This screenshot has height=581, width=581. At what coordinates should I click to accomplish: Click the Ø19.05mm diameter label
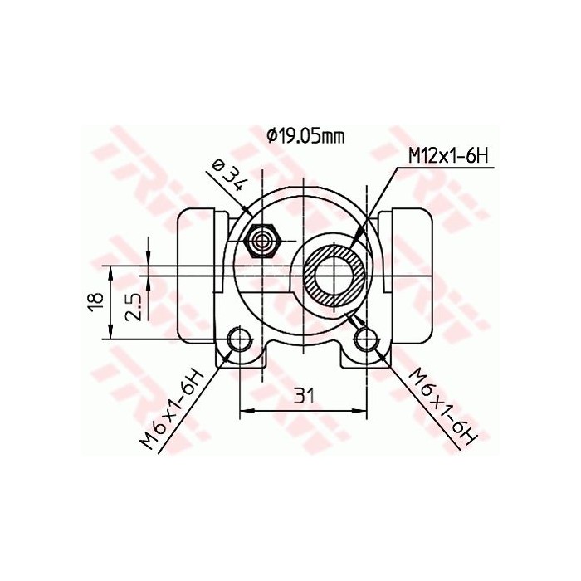pos(305,137)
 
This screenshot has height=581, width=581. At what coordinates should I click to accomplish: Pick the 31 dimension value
pos(304,397)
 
